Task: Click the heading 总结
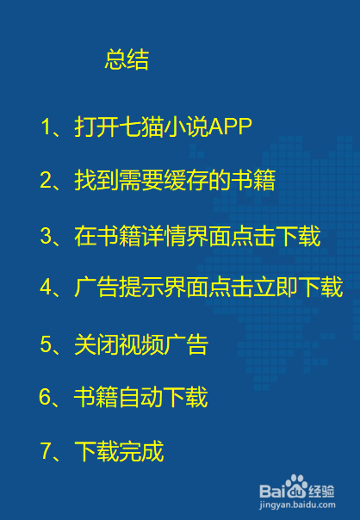127,59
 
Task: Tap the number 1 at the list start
46,127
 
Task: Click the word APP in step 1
230,127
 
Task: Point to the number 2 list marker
46,181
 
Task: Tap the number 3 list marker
46,236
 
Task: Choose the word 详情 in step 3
164,236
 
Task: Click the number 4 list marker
46,287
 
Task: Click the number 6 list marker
45,397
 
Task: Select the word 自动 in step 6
140,397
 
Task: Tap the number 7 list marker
46,450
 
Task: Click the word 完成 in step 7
141,450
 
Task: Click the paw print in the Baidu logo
296,486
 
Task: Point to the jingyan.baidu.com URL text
297,505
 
